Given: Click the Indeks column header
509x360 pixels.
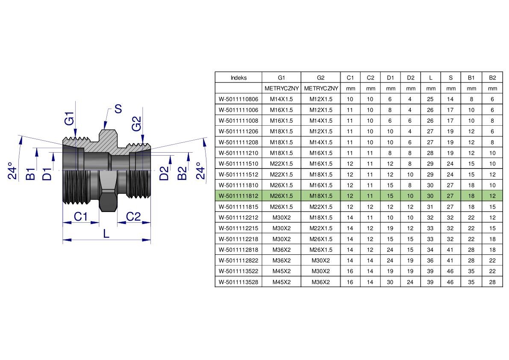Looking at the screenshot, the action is pos(238,77).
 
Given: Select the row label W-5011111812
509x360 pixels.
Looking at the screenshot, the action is pos(238,196).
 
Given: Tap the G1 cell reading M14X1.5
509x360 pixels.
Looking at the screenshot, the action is pos(281,99).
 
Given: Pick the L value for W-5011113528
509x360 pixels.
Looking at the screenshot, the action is pos(430,282).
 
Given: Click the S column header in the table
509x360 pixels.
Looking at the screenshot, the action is pos(450,77).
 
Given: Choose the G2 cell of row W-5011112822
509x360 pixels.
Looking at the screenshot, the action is pos(321,260).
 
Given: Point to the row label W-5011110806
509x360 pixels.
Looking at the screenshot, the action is pos(238,99).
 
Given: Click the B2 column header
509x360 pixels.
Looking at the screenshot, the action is pos(492,77).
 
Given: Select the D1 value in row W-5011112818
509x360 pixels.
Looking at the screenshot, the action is pos(390,250).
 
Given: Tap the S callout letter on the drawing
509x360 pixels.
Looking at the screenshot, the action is pos(118,109).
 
